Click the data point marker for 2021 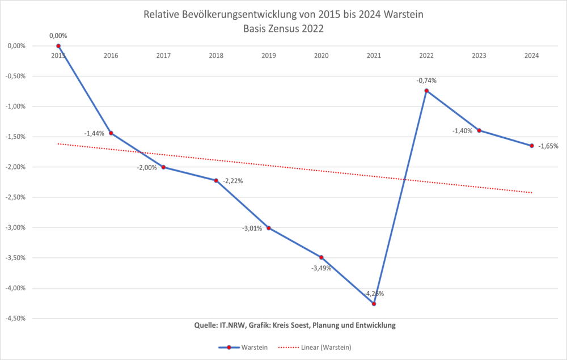[x=374, y=304]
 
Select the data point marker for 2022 [x=426, y=91]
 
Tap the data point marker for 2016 [x=111, y=133]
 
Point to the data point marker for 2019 [x=269, y=228]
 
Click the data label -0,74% [x=426, y=81]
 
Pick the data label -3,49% [x=320, y=268]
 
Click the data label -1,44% [x=94, y=133]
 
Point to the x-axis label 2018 [x=216, y=56]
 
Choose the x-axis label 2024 [x=532, y=56]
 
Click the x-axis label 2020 [x=321, y=56]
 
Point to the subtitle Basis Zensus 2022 [x=283, y=30]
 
